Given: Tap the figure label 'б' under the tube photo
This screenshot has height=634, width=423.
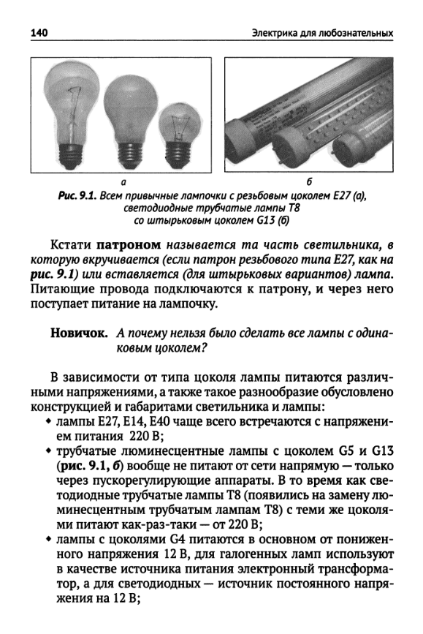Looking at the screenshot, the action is (x=310, y=181).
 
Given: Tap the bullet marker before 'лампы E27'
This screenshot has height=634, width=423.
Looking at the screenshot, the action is (x=47, y=425).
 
